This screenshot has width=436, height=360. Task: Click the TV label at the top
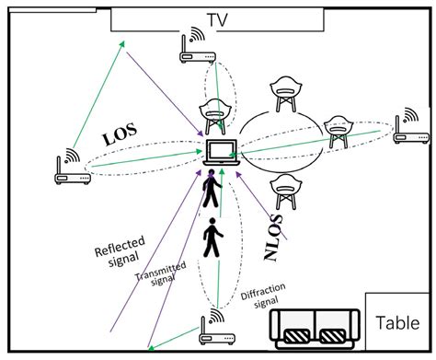(x=217, y=19)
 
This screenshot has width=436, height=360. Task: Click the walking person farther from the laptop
(x=212, y=238)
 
